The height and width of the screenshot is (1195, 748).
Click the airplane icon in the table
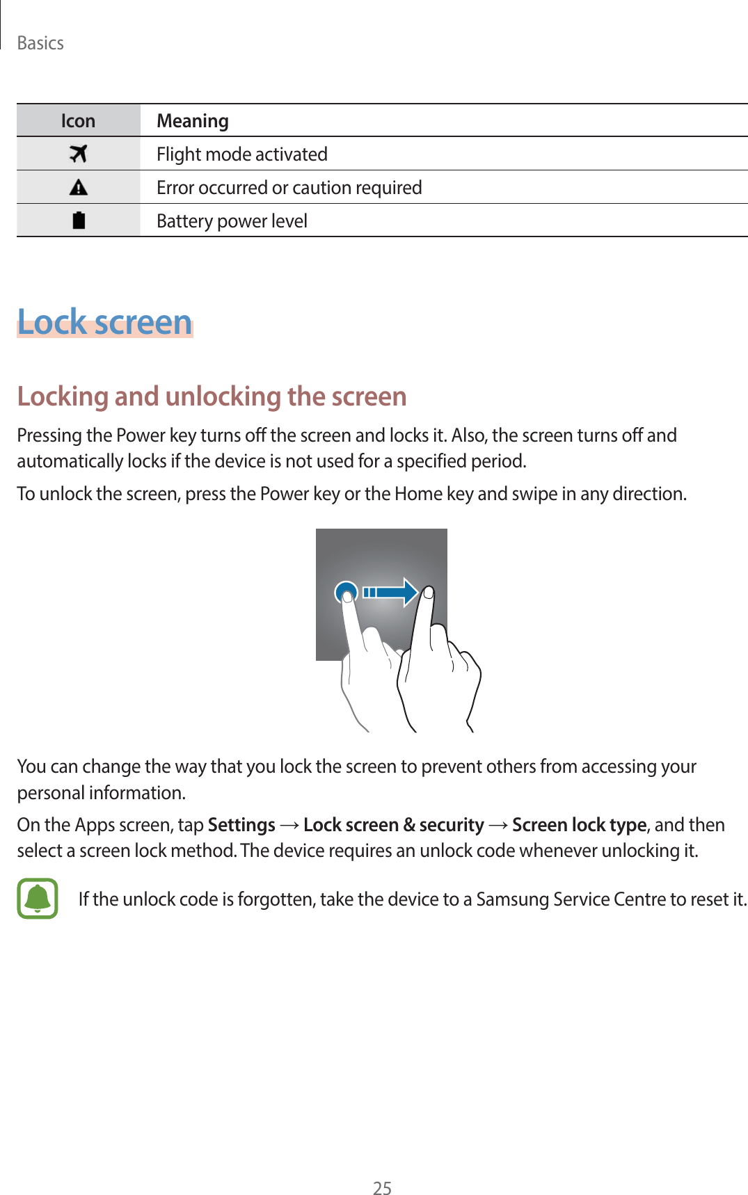pyautogui.click(x=79, y=154)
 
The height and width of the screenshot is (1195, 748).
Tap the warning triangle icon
pyautogui.click(x=79, y=187)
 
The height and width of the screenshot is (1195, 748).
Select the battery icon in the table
pyautogui.click(x=79, y=220)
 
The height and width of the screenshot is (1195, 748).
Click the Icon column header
pyautogui.click(x=78, y=121)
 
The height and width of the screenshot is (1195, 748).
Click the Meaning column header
pyautogui.click(x=193, y=121)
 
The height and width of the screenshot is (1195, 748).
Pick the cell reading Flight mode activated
pyautogui.click(x=242, y=154)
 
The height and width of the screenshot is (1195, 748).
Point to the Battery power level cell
pyautogui.click(x=232, y=221)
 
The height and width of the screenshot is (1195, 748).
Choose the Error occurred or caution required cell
pyautogui.click(x=289, y=188)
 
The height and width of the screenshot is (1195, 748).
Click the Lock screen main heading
pyautogui.click(x=104, y=322)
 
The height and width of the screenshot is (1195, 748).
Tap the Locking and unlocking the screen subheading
pyautogui.click(x=212, y=396)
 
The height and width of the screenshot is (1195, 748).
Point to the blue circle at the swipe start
pyautogui.click(x=346, y=592)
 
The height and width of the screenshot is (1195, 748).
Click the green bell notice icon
pyautogui.click(x=38, y=899)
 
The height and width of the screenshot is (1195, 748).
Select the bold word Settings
pyautogui.click(x=241, y=825)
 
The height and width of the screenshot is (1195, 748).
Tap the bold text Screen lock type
pyautogui.click(x=579, y=825)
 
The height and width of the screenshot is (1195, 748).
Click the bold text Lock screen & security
pyautogui.click(x=393, y=825)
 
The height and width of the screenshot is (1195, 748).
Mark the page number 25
pyautogui.click(x=382, y=1188)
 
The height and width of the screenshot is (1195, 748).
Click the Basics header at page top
pyautogui.click(x=40, y=43)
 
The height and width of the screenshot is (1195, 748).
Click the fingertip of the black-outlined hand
pyautogui.click(x=429, y=593)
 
